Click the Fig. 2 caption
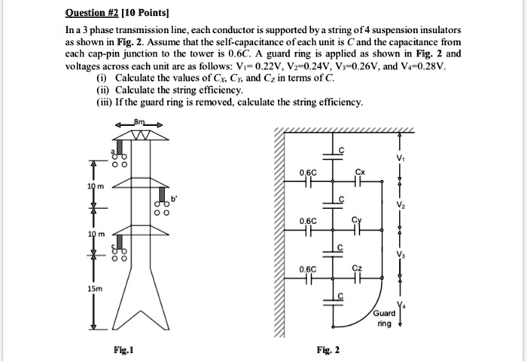tap(327, 350)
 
